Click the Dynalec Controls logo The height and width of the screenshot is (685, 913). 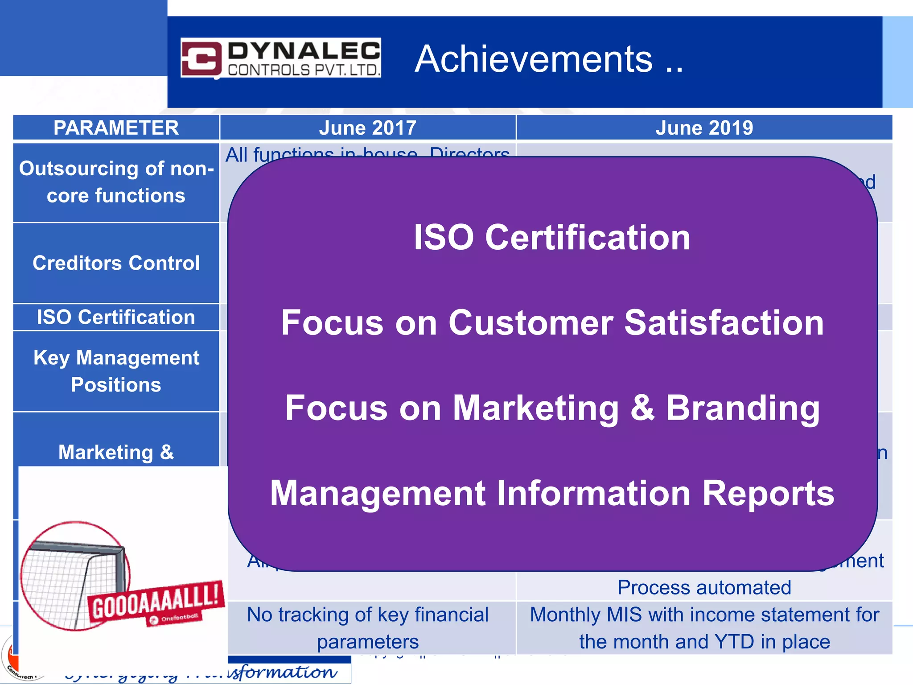[280, 58]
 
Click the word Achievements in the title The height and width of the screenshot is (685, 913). [534, 59]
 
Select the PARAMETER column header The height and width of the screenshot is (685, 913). [116, 128]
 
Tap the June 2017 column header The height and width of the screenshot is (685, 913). [367, 128]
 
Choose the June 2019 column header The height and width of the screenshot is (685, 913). [704, 128]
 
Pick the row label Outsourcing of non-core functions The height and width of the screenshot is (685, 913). [116, 182]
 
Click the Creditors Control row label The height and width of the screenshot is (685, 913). [116, 263]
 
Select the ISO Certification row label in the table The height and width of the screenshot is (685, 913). [116, 318]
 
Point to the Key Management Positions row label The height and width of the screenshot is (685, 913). [116, 371]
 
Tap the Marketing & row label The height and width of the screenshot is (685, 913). [116, 452]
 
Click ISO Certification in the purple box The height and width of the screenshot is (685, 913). [552, 237]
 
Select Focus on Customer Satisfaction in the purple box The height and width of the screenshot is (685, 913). [552, 322]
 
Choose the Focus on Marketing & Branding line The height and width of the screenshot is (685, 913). [552, 408]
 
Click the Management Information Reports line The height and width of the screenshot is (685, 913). [552, 493]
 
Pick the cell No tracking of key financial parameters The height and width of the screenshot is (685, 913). [367, 628]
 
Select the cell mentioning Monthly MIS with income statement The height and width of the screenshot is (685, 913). [704, 628]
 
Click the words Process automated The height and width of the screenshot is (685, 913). [704, 588]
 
